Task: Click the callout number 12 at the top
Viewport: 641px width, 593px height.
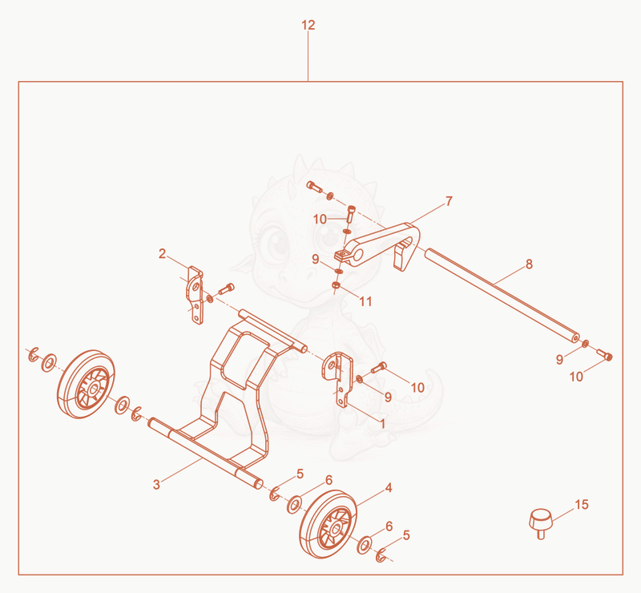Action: (x=308, y=26)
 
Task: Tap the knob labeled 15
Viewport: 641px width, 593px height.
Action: (x=540, y=523)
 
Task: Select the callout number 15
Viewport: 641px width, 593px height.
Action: (x=582, y=505)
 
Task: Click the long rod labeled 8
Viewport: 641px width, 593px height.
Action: (x=502, y=295)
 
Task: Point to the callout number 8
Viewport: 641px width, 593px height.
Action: (x=530, y=264)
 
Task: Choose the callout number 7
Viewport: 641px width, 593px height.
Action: (x=449, y=201)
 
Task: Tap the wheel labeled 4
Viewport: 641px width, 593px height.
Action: (x=329, y=524)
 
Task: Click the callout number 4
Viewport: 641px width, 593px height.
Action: (x=389, y=488)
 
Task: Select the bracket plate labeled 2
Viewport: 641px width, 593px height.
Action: (x=196, y=295)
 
